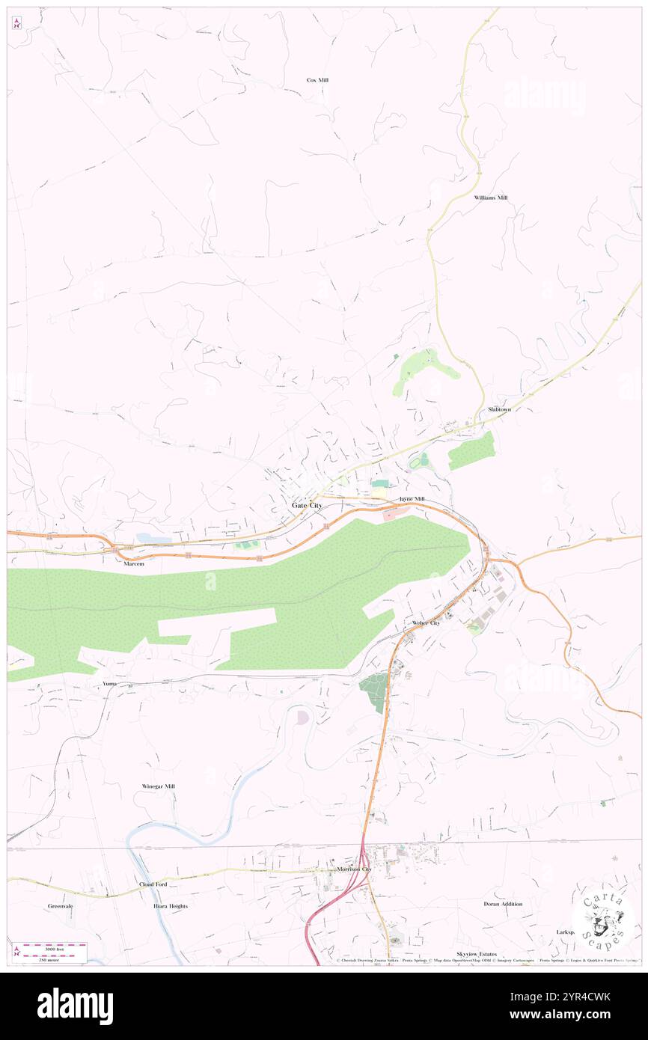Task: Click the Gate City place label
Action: coord(307,506)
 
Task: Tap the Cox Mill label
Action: coord(317,80)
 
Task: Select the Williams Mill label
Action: coord(490,198)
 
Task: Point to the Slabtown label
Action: coord(499,410)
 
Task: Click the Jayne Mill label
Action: coord(412,499)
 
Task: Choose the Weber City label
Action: coord(426,623)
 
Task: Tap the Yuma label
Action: coord(110,684)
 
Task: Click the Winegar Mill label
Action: coord(158,786)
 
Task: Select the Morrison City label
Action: coord(354,869)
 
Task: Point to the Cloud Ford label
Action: coord(153,884)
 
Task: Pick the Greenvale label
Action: coord(60,906)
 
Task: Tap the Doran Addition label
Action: coord(503,904)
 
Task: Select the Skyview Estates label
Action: coord(477,955)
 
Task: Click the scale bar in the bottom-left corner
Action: coord(50,952)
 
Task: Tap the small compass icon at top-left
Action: coord(16,23)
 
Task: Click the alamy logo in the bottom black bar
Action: coord(75,1006)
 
